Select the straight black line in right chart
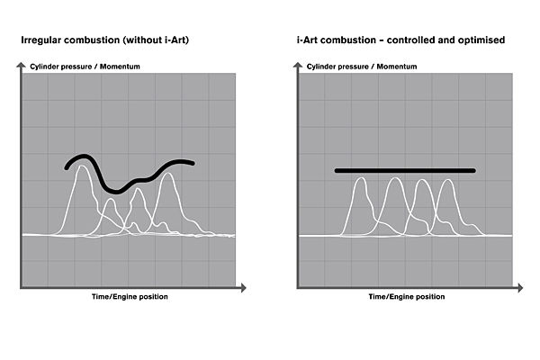pyautogui.click(x=404, y=170)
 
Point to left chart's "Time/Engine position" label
pyautogui.click(x=130, y=297)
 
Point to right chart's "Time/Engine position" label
pyautogui.click(x=407, y=297)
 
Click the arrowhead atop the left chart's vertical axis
pyautogui.click(x=21, y=65)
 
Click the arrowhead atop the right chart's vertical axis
pyautogui.click(x=298, y=65)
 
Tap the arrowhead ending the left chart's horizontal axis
pyautogui.click(x=243, y=289)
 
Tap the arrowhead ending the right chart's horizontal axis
pyautogui.click(x=520, y=289)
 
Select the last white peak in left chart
pyautogui.click(x=167, y=175)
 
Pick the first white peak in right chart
pyautogui.click(x=361, y=179)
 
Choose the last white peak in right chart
pyautogui.click(x=449, y=181)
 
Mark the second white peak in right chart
pyautogui.click(x=394, y=179)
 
